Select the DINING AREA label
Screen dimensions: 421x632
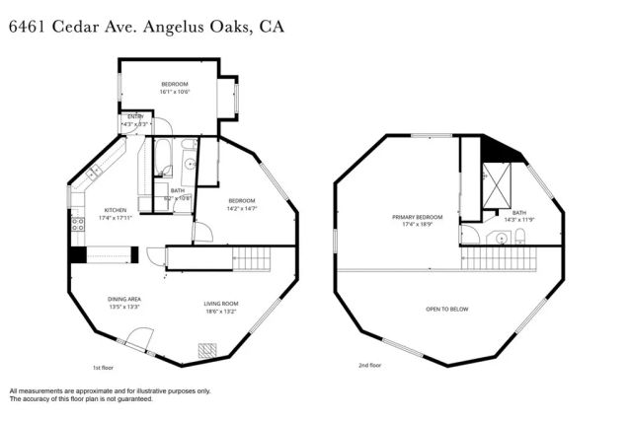click(x=124, y=300)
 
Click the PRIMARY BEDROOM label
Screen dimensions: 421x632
click(x=417, y=217)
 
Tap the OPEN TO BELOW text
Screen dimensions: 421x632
click(x=446, y=309)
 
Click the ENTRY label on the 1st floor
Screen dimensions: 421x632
click(x=134, y=116)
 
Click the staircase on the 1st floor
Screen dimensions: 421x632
click(x=251, y=258)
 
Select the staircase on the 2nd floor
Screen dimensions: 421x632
click(x=499, y=258)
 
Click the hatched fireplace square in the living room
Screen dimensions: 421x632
click(x=207, y=349)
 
